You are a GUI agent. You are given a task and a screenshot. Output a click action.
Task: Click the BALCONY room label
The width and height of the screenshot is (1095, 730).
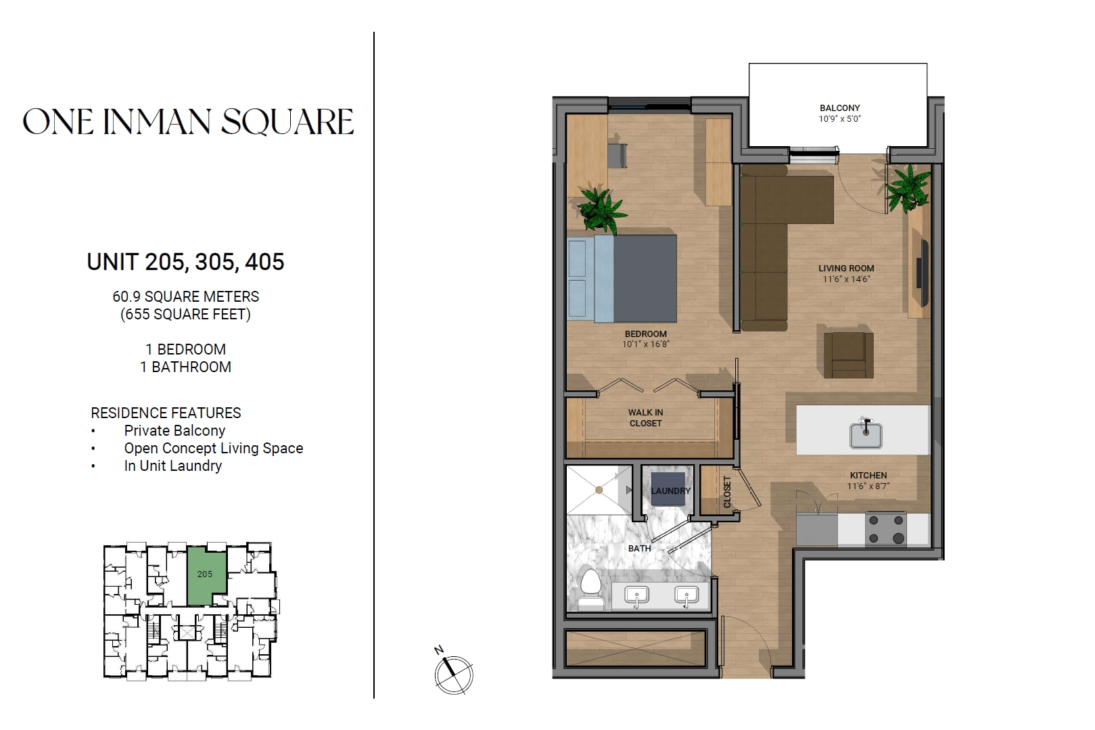point(839,108)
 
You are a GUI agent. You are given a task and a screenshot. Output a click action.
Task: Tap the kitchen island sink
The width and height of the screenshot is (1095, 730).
point(866,434)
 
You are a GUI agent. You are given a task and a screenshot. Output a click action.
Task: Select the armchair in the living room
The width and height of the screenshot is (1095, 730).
point(848,355)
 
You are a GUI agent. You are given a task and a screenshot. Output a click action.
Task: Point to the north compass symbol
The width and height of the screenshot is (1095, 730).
point(454,673)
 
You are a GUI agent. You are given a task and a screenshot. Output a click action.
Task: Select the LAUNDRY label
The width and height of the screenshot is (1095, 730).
point(670,491)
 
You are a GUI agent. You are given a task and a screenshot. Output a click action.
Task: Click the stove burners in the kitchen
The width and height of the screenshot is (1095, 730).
point(886,529)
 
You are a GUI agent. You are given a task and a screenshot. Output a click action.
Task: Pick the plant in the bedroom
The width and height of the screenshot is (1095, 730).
point(601,211)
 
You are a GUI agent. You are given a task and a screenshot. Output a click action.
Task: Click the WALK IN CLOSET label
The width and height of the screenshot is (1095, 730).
point(645,418)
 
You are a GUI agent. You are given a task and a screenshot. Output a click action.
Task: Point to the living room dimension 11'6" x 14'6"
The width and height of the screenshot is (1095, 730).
point(846,279)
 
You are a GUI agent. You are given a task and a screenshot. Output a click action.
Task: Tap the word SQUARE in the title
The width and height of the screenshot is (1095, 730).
point(287,122)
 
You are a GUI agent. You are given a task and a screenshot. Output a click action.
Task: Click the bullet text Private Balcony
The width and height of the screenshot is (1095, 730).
point(174,431)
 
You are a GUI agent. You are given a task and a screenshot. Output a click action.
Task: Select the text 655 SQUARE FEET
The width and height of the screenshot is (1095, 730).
point(185,314)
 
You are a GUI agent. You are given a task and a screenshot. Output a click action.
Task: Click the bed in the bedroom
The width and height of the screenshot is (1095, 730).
point(622,279)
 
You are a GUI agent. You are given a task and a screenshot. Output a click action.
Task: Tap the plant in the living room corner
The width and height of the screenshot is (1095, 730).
point(908,189)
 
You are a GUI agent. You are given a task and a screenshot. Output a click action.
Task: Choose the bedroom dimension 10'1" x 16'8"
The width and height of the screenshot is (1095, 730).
point(645,344)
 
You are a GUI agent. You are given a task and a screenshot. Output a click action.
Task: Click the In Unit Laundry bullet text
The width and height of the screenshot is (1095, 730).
point(173,466)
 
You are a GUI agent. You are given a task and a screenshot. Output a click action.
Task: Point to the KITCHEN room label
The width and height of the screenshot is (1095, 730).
point(868,475)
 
